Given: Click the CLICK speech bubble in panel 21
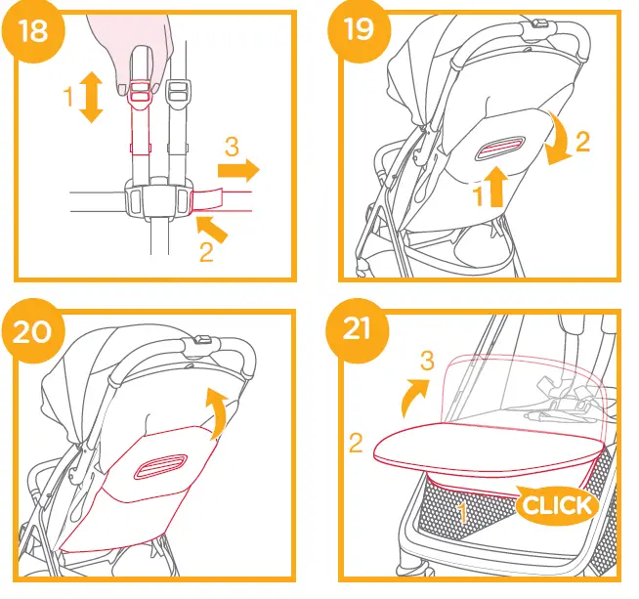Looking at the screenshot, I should click(x=554, y=504).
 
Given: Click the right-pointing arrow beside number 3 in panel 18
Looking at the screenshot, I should click(x=237, y=172).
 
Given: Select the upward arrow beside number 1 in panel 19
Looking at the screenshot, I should click(x=495, y=187).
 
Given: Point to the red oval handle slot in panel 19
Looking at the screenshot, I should click(x=504, y=150).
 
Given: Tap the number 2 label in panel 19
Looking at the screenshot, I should click(x=582, y=142).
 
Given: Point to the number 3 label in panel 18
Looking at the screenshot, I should click(x=232, y=148).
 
